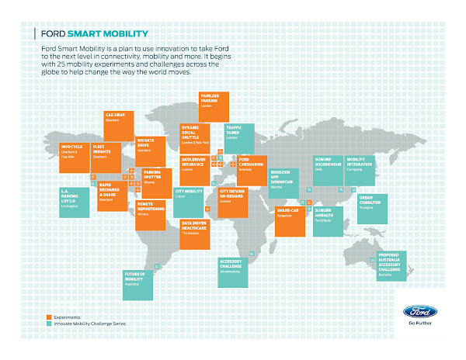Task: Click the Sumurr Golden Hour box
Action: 329,171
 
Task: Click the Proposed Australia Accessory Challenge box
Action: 392,265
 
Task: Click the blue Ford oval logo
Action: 419,312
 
